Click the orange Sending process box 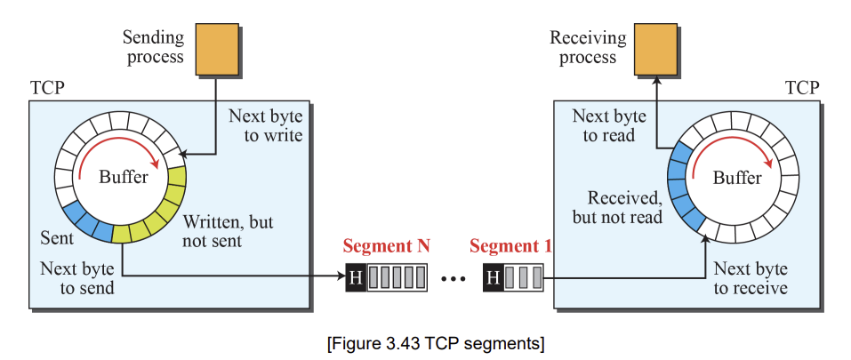[217, 49]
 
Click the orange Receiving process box [655, 49]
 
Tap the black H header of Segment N [356, 277]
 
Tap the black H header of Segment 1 [493, 277]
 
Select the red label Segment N [387, 246]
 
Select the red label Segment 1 [510, 246]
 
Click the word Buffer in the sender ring [124, 176]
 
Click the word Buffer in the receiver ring [737, 177]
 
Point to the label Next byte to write [265, 125]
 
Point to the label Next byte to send [77, 278]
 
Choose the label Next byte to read [609, 125]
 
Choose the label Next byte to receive [751, 278]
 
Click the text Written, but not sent [228, 231]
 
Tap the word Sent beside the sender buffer [57, 237]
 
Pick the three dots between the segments [454, 279]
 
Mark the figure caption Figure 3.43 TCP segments [436, 344]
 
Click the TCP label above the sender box [46, 87]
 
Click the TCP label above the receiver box [802, 87]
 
